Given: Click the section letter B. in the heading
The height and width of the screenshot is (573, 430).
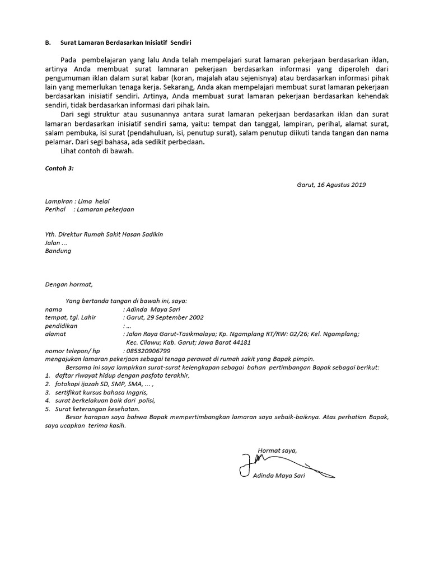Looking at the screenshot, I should point(48,43).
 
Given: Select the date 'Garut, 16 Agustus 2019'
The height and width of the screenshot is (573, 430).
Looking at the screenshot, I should point(331,185).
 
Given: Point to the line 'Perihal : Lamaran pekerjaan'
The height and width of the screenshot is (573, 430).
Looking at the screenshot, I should point(89,209).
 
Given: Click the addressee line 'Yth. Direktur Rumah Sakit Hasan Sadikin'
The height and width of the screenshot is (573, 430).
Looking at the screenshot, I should point(104,234).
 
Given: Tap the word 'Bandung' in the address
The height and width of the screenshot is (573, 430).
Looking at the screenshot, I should point(58,251).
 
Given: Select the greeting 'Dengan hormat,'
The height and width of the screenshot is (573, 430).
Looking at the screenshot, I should point(68,284).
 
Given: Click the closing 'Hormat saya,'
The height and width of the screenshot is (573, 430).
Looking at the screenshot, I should point(277,450).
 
